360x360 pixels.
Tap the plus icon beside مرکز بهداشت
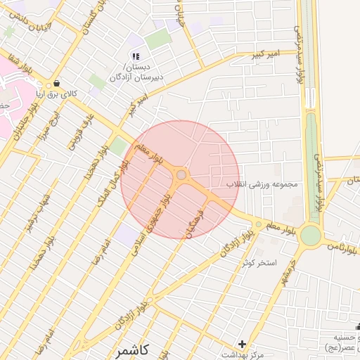point(243,344)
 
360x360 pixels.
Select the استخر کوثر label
point(259,262)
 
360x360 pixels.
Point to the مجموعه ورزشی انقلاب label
point(262,184)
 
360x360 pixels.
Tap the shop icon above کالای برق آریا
point(56,82)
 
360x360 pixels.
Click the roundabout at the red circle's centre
point(181,174)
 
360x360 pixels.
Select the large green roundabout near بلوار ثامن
point(310,236)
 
